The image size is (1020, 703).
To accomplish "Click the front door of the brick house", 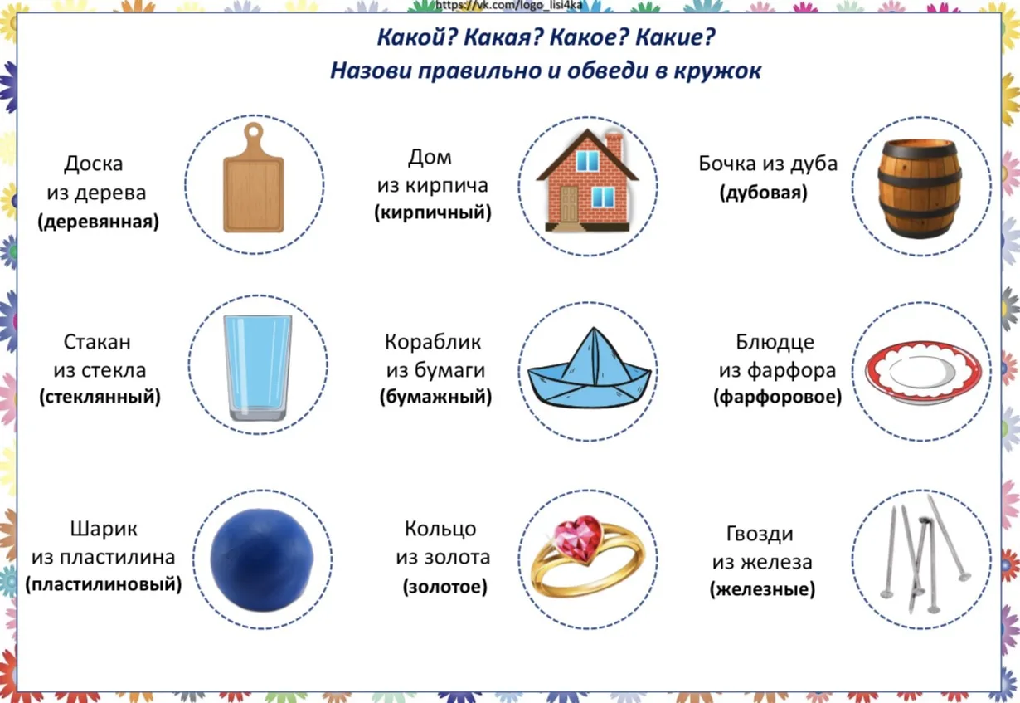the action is tap(569, 203).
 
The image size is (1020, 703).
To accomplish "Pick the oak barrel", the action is tap(920, 188).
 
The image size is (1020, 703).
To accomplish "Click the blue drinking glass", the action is tap(258, 367).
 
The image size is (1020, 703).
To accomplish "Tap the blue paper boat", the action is tap(590, 369).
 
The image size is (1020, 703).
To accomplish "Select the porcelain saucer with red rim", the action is tap(924, 373).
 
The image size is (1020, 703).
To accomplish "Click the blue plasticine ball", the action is tap(262, 559).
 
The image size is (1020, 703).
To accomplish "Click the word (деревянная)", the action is tap(99, 222).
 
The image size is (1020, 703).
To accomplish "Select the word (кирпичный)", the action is tap(433, 212).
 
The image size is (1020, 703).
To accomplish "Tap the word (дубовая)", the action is tap(764, 193).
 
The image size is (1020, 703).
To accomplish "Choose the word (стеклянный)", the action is tap(100, 397).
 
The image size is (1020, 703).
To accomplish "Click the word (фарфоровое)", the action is tap(777, 397).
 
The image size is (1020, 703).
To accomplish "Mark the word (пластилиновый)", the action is tap(104, 584).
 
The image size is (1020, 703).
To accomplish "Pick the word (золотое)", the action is tap(444, 587).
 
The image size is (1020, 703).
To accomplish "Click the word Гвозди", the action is tap(760, 534).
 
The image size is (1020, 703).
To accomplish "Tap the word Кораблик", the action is tap(433, 342).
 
